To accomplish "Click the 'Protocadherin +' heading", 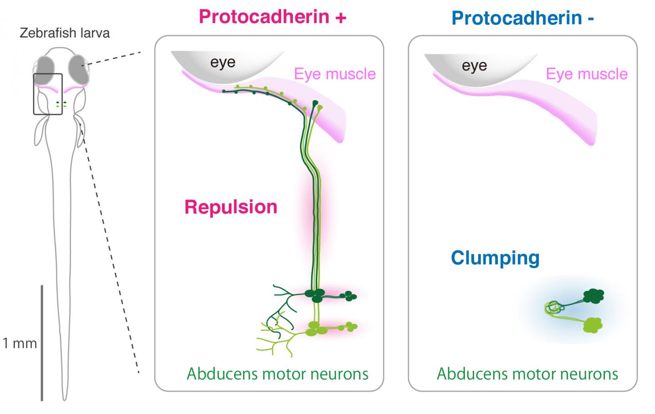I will (x=272, y=16).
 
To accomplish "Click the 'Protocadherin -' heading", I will (x=523, y=18).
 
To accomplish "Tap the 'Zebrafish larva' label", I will (x=65, y=33).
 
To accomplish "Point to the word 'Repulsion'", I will (x=231, y=207).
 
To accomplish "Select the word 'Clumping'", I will (x=495, y=258).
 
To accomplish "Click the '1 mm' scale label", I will (x=19, y=343).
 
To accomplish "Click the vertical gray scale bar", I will (x=42, y=343).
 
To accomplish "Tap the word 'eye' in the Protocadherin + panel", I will (x=223, y=62).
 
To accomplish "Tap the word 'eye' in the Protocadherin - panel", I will (x=474, y=65).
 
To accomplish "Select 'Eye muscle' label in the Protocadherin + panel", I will (x=335, y=74).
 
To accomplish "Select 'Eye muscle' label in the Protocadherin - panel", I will (x=586, y=74).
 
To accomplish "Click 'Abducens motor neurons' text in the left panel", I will (x=277, y=374).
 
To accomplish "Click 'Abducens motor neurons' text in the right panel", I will (x=527, y=374).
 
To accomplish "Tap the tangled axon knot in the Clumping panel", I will (x=554, y=308).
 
